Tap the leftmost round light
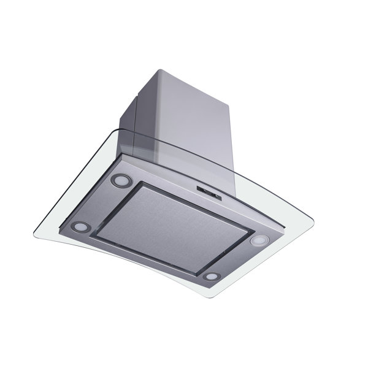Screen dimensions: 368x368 click(80, 226)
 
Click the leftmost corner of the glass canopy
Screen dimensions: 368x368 click(33, 234)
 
